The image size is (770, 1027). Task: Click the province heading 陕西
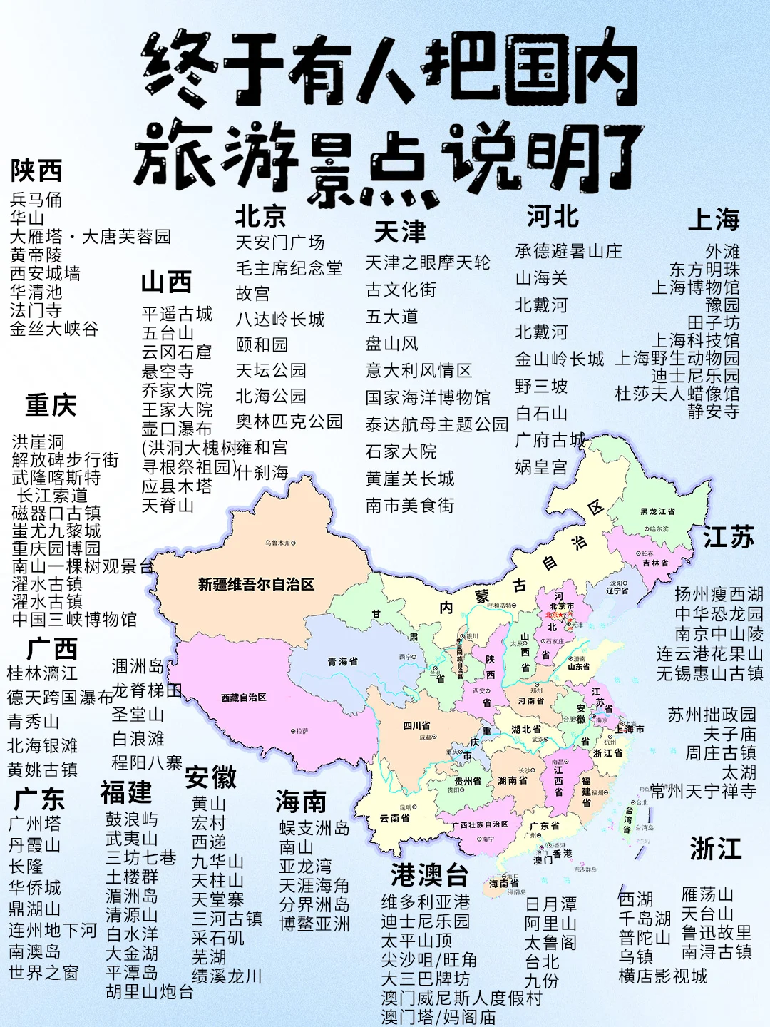[x=36, y=171]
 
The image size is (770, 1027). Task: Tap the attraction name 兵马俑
[x=36, y=200]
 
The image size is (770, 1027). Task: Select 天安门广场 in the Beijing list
[x=280, y=242]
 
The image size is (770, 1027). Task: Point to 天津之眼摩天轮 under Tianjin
[x=428, y=262]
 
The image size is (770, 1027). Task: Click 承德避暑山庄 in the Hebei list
[x=568, y=251]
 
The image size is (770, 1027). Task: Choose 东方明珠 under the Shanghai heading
[x=704, y=270]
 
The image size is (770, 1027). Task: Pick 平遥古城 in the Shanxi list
[x=177, y=314]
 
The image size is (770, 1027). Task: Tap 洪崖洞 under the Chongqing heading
[x=38, y=442]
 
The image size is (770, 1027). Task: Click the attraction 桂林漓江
[x=42, y=673]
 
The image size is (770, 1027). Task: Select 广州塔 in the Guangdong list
[x=34, y=824]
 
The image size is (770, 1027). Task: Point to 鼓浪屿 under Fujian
[x=132, y=819]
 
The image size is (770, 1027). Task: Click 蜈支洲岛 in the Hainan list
[x=314, y=827]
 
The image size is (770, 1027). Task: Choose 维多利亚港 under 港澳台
[x=426, y=902]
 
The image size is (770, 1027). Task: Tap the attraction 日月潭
[x=550, y=904]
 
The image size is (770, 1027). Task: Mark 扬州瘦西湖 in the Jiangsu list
[x=719, y=594]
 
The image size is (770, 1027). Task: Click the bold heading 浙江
[x=716, y=849]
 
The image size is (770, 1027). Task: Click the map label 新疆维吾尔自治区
[x=256, y=585]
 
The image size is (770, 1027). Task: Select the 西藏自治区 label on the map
[x=243, y=698]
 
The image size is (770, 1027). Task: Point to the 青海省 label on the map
[x=342, y=662]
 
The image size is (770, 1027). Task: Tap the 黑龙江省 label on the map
[x=657, y=511]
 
